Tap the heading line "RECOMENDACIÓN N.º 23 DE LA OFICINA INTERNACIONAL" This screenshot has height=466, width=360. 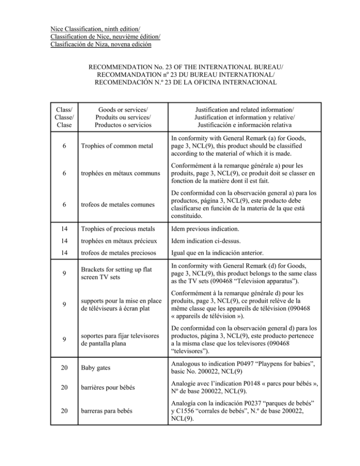pyautogui.click(x=180, y=83)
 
